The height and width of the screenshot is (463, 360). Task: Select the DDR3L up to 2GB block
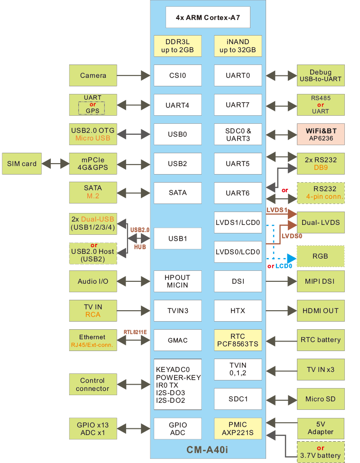coord(177,46)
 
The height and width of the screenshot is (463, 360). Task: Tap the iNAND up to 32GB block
coord(238,46)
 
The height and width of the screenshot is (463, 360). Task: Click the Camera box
coord(93,75)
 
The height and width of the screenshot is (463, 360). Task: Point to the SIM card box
coord(22,164)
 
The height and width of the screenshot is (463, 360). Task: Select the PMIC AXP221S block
coord(238,429)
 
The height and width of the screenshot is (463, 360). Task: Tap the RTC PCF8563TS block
coord(238,340)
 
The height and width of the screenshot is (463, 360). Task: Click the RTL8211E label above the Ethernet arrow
coord(135,332)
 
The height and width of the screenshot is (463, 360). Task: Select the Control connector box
coord(93,384)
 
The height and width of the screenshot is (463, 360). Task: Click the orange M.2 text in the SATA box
coord(92,196)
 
